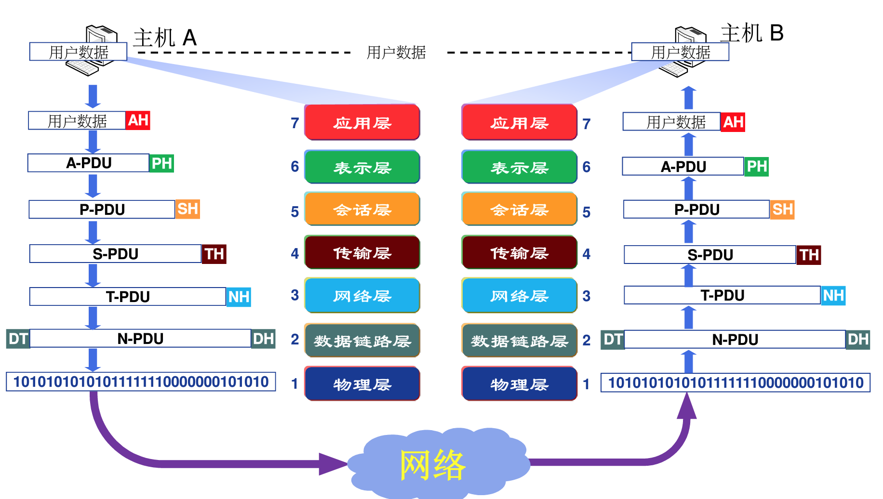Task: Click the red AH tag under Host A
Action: pyautogui.click(x=138, y=120)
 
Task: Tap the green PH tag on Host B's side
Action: pyautogui.click(x=756, y=167)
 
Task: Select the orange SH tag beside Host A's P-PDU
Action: pyautogui.click(x=187, y=209)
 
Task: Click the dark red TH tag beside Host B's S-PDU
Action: pyautogui.click(x=809, y=255)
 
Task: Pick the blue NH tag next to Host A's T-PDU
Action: pyautogui.click(x=239, y=297)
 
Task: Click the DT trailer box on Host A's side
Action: pyautogui.click(x=18, y=339)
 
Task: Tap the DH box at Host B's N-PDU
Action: pyautogui.click(x=858, y=340)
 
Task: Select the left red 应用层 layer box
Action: pyautogui.click(x=362, y=122)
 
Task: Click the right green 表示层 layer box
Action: pyautogui.click(x=519, y=167)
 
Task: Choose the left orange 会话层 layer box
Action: pyautogui.click(x=362, y=209)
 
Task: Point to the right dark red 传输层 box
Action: pyautogui.click(x=519, y=252)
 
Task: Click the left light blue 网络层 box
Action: pyautogui.click(x=362, y=295)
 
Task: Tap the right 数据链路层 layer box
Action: pyautogui.click(x=519, y=341)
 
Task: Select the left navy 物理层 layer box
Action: pyautogui.click(x=362, y=384)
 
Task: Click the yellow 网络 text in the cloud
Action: pyautogui.click(x=432, y=465)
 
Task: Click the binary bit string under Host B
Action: pyautogui.click(x=735, y=383)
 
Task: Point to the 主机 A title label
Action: pyautogui.click(x=165, y=38)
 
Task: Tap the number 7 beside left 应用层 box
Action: pyautogui.click(x=295, y=123)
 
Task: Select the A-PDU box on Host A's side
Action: pyautogui.click(x=89, y=163)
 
